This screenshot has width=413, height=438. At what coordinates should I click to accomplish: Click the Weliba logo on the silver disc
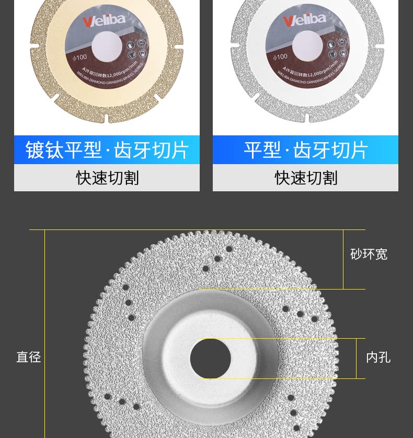pos(304,21)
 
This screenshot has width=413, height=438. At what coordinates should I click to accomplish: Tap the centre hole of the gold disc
pos(107,44)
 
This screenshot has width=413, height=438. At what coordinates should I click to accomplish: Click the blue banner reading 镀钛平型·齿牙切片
pos(107,150)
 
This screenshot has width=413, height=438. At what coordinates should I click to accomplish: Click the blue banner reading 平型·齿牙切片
pos(305,150)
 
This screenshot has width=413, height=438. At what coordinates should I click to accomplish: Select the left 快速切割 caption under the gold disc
pos(107,178)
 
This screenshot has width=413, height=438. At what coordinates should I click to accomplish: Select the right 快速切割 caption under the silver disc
pos(306,178)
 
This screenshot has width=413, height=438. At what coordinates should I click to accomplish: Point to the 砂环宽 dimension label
pos(369,255)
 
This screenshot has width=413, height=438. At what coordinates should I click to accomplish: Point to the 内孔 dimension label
pos(378,358)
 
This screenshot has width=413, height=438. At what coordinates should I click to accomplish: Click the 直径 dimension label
pos(28,357)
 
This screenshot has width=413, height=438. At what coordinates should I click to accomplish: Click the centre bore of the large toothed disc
pos(210,359)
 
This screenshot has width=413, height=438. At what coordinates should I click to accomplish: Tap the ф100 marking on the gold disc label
pos(79,58)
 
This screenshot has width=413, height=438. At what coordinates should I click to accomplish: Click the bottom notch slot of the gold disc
pos(106,119)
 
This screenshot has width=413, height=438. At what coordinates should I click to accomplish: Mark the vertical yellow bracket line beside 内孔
pos(357,358)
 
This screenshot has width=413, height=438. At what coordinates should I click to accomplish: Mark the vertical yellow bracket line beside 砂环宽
pos(343,259)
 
